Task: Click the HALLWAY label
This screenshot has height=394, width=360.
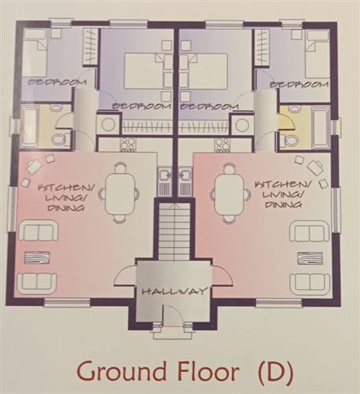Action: [x=174, y=292]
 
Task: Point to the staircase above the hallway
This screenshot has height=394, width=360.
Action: [x=174, y=229]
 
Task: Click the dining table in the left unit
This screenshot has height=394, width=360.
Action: [x=120, y=191]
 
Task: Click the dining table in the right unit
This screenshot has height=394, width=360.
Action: [x=230, y=191]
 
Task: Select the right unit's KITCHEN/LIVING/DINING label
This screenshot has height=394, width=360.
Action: [x=280, y=192]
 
